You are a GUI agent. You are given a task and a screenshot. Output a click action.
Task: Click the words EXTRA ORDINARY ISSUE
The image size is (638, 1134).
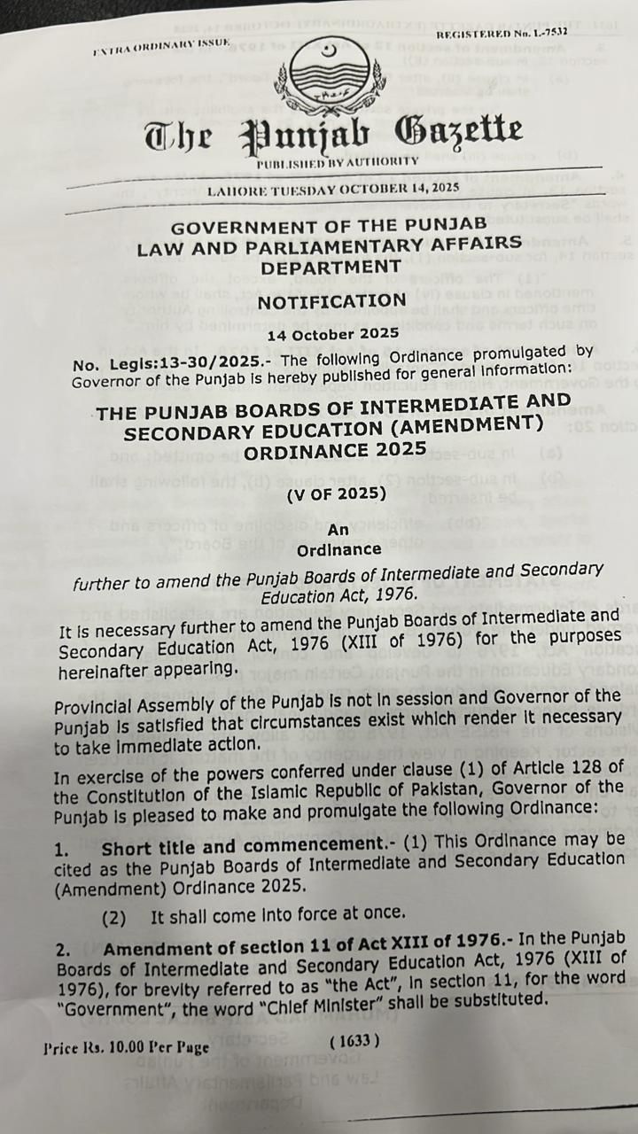(x=160, y=46)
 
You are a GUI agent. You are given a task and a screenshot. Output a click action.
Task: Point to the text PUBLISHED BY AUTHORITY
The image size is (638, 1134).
(x=337, y=162)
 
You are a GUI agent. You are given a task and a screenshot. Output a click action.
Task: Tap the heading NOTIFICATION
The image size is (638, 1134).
(x=331, y=301)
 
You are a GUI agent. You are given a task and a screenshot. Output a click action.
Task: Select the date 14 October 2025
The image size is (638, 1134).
(x=332, y=335)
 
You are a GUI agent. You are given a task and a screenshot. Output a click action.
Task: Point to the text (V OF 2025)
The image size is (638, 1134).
(x=336, y=493)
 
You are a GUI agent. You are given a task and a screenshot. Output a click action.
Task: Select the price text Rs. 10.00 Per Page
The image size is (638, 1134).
(x=126, y=1047)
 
